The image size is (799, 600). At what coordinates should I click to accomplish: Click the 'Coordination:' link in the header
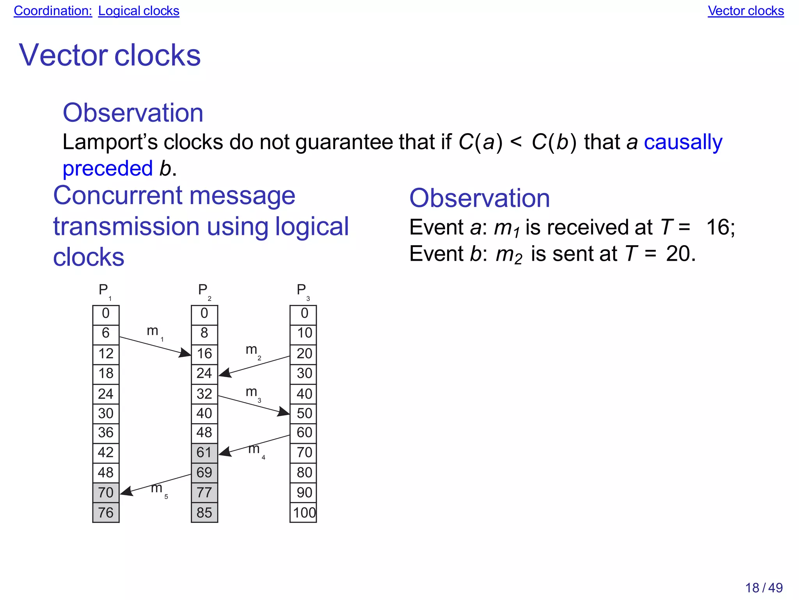click(x=53, y=11)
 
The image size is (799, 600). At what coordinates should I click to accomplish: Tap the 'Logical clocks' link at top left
click(x=138, y=11)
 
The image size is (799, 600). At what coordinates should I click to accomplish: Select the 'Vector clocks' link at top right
click(x=746, y=11)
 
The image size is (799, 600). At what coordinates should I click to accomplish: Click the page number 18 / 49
click(x=763, y=588)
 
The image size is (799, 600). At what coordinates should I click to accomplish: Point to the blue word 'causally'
click(x=683, y=142)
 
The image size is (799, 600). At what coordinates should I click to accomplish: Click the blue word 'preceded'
click(x=108, y=169)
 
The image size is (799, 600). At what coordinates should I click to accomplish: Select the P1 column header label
click(x=105, y=291)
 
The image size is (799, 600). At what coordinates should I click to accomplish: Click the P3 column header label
click(x=303, y=291)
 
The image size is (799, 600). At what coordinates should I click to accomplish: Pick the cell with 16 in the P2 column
click(x=204, y=354)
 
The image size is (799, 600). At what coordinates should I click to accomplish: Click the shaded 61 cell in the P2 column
click(x=204, y=452)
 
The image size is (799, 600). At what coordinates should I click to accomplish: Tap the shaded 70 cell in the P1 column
click(x=106, y=493)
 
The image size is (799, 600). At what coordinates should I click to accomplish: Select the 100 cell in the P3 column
click(x=304, y=513)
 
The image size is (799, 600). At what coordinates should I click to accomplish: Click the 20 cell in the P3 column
click(x=304, y=354)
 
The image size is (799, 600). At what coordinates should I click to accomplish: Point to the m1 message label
click(x=154, y=332)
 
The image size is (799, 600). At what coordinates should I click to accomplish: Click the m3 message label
click(x=253, y=392)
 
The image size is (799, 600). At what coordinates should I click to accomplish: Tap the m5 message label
click(x=158, y=489)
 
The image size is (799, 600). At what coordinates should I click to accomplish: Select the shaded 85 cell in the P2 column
click(x=204, y=513)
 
